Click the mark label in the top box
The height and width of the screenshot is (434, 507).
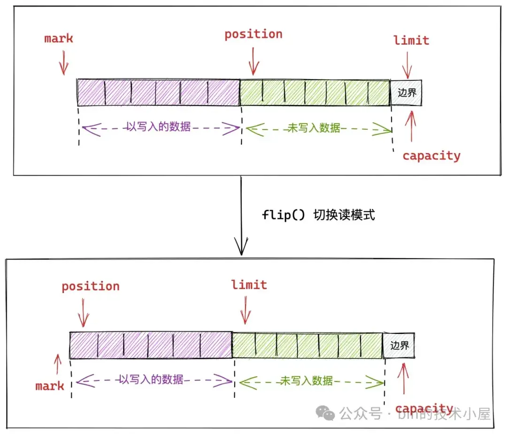click(x=59, y=39)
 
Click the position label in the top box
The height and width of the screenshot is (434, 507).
click(x=253, y=34)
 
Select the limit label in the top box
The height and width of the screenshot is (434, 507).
click(x=411, y=40)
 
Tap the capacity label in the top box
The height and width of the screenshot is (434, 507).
click(x=431, y=156)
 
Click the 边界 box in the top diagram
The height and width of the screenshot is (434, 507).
click(x=407, y=92)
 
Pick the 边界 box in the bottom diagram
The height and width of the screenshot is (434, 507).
click(x=399, y=346)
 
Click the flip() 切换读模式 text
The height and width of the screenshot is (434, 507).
click(x=318, y=215)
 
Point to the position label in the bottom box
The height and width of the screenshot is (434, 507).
click(x=91, y=287)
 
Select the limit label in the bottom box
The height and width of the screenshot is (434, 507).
click(x=249, y=285)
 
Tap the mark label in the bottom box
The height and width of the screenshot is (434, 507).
click(x=50, y=387)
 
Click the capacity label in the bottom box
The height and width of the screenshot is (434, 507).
click(x=424, y=409)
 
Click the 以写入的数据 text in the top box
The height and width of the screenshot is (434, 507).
click(x=159, y=127)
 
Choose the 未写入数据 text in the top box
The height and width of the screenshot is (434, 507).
click(x=314, y=128)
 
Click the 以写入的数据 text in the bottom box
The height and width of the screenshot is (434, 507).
click(x=151, y=380)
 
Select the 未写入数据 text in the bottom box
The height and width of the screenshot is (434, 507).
click(x=307, y=380)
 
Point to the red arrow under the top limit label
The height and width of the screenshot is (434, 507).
click(x=407, y=65)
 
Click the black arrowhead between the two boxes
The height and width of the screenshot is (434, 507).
click(x=241, y=247)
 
